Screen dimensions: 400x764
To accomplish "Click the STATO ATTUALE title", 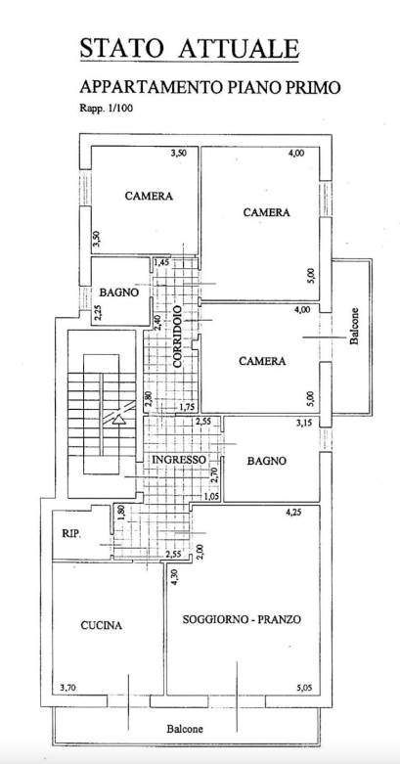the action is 189,49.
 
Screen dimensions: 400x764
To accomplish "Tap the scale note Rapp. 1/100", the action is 106,109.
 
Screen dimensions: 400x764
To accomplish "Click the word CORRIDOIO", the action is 177,337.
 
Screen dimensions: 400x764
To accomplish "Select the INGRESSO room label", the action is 179,460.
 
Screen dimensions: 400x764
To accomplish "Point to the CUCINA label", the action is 102,626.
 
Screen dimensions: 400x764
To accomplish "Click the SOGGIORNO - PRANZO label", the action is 242,620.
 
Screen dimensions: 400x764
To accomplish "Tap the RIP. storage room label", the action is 71,534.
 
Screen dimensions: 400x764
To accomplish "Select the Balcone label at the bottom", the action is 185,729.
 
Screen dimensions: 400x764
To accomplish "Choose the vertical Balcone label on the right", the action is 354,326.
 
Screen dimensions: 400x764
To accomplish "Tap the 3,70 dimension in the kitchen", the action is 67,688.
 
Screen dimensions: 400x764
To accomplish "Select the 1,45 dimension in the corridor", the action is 161,263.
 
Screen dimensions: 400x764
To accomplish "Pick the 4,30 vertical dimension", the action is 175,578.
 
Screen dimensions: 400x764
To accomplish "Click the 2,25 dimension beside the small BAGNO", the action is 98,312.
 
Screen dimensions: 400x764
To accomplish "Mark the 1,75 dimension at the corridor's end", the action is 187,407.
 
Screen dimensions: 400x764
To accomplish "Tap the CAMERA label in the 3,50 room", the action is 149,197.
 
